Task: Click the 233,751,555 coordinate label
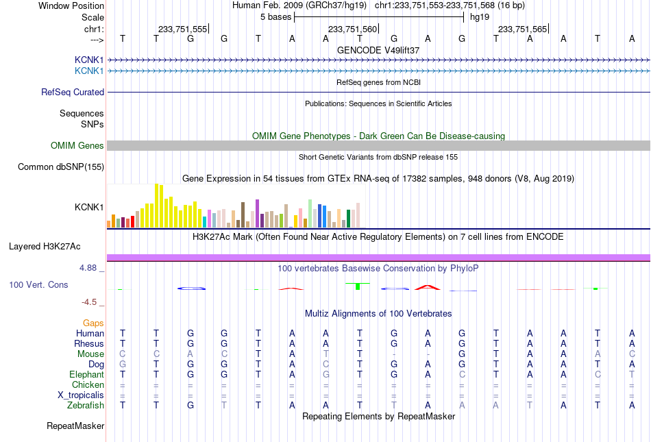pos(182,29)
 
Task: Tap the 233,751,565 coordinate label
pos(522,29)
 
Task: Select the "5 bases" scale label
pos(275,17)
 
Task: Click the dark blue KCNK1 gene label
pos(89,60)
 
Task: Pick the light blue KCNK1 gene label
pos(89,71)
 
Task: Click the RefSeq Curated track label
pos(73,92)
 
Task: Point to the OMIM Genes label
pos(77,146)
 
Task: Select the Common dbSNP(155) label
pos(61,167)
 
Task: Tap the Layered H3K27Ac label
pos(45,247)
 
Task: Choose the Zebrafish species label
pos(86,406)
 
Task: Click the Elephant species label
pos(86,375)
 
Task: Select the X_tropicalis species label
pos(81,395)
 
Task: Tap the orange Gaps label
pos(93,323)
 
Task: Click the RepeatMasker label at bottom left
pos(75,426)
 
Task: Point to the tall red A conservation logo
pos(428,286)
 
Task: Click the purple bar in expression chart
pos(258,213)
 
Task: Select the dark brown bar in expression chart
pos(243,214)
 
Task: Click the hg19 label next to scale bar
pos(480,17)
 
